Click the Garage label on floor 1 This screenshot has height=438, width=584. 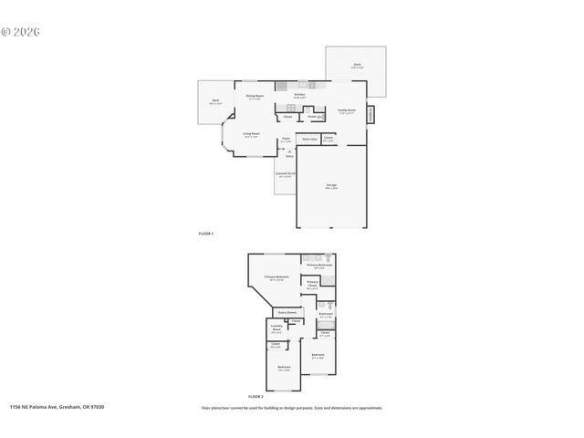331,186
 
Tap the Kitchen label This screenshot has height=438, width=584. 299,96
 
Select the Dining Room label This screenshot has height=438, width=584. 255,97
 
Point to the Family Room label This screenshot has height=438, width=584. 347,110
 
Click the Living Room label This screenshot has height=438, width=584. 251,135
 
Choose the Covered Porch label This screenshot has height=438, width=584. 284,174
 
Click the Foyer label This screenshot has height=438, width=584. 286,141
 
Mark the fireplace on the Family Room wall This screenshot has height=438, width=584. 370,115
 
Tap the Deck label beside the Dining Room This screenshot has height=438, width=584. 215,101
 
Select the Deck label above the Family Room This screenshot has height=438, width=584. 357,66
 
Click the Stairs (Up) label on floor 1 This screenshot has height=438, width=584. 309,140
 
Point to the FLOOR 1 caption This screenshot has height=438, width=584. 206,234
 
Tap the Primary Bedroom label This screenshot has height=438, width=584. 276,278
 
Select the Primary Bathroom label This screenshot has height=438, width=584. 318,266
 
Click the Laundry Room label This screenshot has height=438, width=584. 276,330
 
